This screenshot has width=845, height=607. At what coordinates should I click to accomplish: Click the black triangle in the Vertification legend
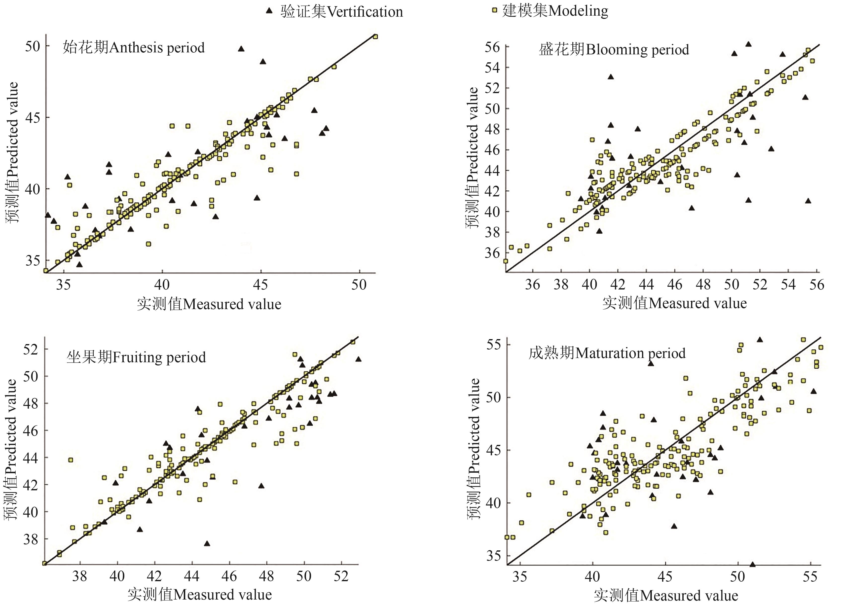click(x=269, y=11)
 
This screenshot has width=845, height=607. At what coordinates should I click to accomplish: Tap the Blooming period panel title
click(x=614, y=50)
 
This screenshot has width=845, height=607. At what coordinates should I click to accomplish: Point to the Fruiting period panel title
click(x=136, y=357)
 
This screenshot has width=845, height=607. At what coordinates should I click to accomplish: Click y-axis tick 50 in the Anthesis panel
click(x=33, y=46)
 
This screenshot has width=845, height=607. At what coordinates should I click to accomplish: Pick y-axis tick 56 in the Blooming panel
click(x=492, y=47)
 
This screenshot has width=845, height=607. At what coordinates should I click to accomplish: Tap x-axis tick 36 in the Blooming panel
click(x=532, y=285)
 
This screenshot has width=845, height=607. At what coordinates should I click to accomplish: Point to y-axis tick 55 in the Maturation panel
click(x=493, y=345)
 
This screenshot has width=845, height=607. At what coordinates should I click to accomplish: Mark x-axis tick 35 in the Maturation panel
click(x=520, y=577)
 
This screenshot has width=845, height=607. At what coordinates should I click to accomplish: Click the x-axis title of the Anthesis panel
click(x=209, y=304)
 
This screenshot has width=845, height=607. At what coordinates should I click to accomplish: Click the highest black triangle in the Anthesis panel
click(x=241, y=49)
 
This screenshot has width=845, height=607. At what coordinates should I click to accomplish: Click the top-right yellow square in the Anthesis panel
click(x=375, y=36)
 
